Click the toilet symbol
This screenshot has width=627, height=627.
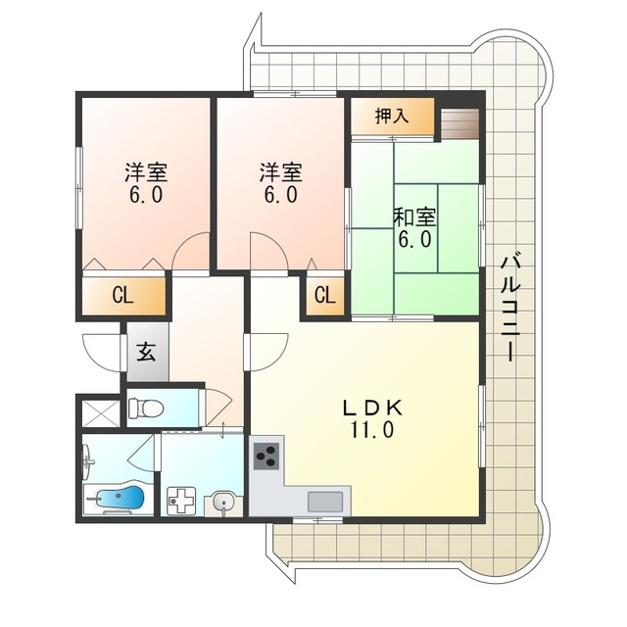click(x=146, y=409)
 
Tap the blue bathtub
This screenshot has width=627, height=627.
click(x=120, y=499)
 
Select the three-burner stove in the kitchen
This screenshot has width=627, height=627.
click(x=266, y=457)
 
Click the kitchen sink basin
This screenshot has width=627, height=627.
click(x=325, y=502)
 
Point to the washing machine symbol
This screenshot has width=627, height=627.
click(x=181, y=501)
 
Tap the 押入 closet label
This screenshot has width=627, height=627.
click(x=392, y=116)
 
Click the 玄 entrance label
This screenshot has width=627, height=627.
click(x=146, y=352)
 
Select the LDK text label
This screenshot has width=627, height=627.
click(x=372, y=409)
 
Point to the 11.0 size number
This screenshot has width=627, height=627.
click(x=372, y=430)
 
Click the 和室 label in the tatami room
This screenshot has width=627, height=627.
click(x=414, y=218)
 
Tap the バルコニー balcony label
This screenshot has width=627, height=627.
click(x=510, y=309)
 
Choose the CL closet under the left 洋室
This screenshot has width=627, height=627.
click(x=124, y=296)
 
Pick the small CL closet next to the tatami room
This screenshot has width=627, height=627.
click(x=325, y=296)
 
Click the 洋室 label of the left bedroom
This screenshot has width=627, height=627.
click(x=146, y=172)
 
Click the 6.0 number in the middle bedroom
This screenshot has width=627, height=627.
click(x=281, y=195)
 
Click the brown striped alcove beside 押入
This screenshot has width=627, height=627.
click(x=459, y=123)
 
